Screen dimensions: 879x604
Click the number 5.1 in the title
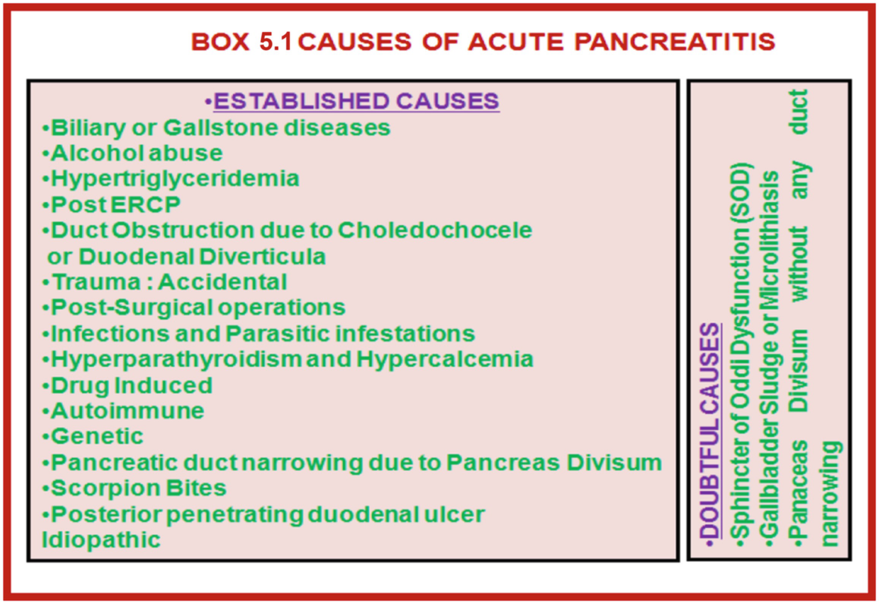coord(276,42)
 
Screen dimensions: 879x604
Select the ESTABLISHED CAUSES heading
coord(357,101)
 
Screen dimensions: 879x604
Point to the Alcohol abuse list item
coord(136,153)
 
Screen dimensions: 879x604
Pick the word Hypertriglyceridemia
coord(175,179)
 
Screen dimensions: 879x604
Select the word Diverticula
coord(263,257)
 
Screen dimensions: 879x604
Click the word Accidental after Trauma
coord(222,282)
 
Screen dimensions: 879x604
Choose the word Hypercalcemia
coord(445,359)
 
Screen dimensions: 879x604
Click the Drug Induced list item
coord(131,386)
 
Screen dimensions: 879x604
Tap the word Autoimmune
coord(128,411)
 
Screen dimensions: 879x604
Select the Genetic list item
coord(97,436)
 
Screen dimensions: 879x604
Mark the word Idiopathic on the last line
coord(102,540)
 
